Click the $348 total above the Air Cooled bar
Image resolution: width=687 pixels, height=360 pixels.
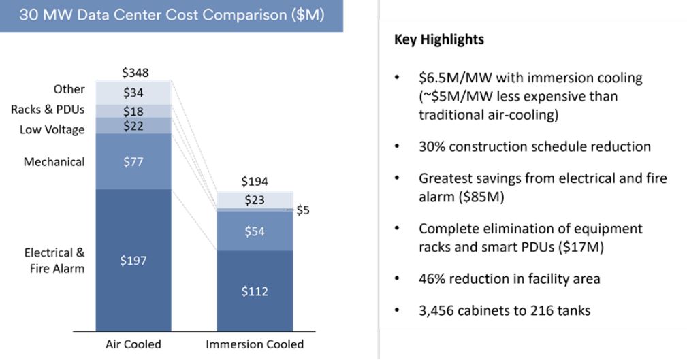pyautogui.click(x=135, y=72)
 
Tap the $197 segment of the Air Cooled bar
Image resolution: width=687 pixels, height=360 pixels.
pyautogui.click(x=133, y=260)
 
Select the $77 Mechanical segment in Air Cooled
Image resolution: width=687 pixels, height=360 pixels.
pyautogui.click(x=133, y=161)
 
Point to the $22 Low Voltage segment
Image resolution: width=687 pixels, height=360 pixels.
pyautogui.click(x=133, y=126)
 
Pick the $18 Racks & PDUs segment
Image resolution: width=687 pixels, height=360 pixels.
pyautogui.click(x=133, y=111)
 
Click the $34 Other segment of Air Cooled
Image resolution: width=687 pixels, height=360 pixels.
pyautogui.click(x=133, y=93)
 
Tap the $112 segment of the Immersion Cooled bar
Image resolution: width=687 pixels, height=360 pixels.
pyautogui.click(x=255, y=291)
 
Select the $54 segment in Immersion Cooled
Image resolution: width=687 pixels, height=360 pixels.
pyautogui.click(x=255, y=231)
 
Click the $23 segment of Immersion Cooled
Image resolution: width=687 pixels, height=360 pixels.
pyautogui.click(x=255, y=200)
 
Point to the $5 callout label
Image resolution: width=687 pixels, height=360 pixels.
pyautogui.click(x=303, y=211)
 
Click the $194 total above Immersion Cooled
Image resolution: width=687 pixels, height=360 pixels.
pyautogui.click(x=255, y=181)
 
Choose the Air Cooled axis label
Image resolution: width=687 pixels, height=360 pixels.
pyautogui.click(x=133, y=344)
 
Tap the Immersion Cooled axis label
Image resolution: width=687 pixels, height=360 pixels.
pyautogui.click(x=255, y=344)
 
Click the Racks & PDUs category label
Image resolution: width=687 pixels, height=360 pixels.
pyautogui.click(x=48, y=110)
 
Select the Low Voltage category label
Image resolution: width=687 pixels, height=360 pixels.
pyautogui.click(x=52, y=129)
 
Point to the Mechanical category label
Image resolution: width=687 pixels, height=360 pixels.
pyautogui.click(x=54, y=161)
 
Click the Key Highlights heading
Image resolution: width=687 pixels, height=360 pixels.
pyautogui.click(x=439, y=39)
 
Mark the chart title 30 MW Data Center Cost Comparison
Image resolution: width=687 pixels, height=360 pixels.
pyautogui.click(x=172, y=15)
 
